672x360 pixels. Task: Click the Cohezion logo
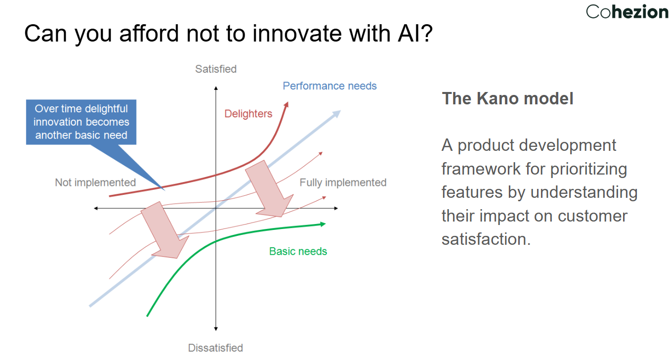(x=627, y=11)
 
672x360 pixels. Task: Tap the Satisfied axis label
(x=216, y=69)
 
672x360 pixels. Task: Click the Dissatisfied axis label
(x=216, y=348)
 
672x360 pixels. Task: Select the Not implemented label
(x=95, y=182)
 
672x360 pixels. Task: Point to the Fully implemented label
(x=343, y=182)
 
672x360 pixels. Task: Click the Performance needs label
(x=329, y=86)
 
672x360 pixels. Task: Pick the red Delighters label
(x=248, y=114)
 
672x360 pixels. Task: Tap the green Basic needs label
(x=298, y=251)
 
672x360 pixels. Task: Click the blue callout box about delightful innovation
(x=81, y=122)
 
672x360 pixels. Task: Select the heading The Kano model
(x=507, y=98)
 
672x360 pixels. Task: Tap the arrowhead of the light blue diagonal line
(x=337, y=113)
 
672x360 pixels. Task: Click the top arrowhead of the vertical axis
(x=216, y=88)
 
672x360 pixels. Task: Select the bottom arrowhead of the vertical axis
(x=216, y=328)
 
